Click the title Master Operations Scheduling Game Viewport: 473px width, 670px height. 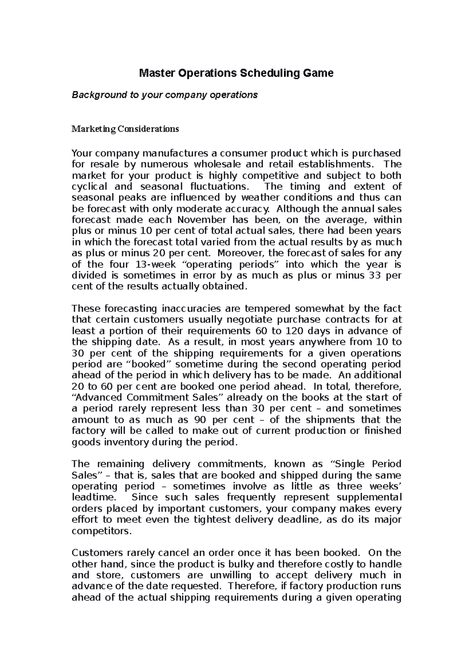pos(236,73)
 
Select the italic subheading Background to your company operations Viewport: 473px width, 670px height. pos(164,95)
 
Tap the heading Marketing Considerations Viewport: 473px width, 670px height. pos(125,129)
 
